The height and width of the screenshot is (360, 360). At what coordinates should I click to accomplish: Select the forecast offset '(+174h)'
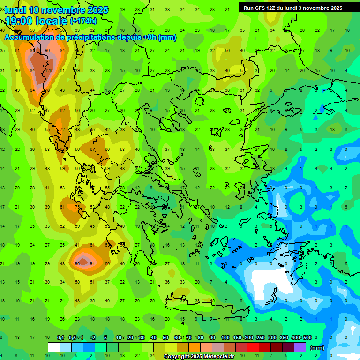point(83,21)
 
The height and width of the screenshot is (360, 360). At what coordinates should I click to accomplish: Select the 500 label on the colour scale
point(307,338)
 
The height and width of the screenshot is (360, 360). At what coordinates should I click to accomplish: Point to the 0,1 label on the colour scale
point(60,338)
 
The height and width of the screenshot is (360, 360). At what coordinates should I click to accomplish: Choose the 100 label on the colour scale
point(225,338)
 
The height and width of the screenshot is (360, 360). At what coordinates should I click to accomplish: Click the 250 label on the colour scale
point(260,338)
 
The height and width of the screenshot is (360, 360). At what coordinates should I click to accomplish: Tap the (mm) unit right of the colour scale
point(317,348)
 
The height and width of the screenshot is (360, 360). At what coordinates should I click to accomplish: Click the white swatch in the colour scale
point(54,347)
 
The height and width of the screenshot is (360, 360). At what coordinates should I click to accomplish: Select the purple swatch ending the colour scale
point(300,347)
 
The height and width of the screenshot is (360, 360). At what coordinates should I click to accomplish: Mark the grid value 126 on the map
point(48,71)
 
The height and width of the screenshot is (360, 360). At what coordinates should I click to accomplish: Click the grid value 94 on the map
point(92,263)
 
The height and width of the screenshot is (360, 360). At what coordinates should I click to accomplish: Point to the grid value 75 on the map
point(77,207)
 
